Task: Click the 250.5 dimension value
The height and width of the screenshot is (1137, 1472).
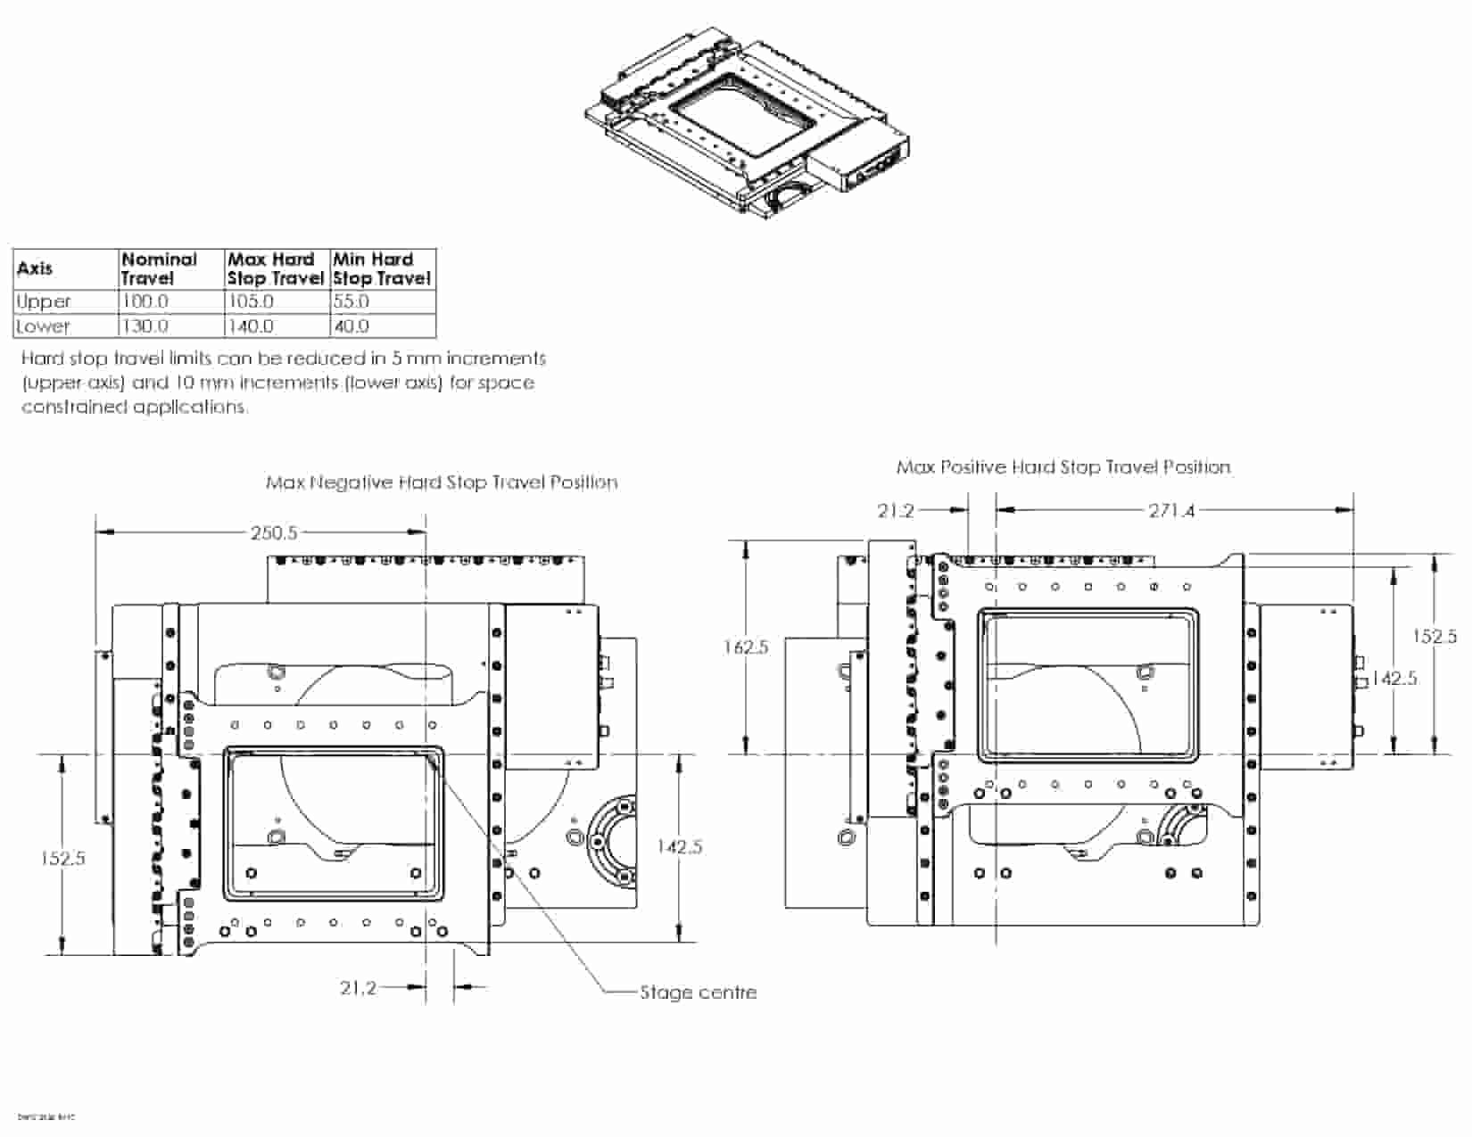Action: (273, 532)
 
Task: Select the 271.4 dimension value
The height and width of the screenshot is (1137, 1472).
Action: (1171, 511)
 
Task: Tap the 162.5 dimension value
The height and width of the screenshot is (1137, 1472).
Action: (746, 647)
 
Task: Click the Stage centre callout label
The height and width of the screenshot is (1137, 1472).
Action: (698, 992)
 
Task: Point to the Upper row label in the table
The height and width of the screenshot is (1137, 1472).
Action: (44, 301)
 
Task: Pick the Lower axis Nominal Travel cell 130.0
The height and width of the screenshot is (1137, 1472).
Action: (145, 325)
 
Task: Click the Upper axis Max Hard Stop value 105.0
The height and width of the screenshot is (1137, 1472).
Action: (251, 301)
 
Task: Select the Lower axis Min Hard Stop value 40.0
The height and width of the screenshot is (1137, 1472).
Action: (351, 325)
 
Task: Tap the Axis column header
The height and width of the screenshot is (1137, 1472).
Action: (35, 268)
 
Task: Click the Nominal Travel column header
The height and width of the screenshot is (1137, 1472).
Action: (159, 268)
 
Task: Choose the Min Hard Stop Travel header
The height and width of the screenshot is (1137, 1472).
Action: (382, 268)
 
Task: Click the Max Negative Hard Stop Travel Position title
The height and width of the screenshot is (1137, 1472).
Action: (442, 482)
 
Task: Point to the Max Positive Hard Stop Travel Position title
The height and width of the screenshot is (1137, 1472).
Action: (1063, 467)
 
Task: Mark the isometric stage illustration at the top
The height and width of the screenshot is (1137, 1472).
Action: (747, 120)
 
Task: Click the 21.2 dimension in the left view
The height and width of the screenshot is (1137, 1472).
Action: (358, 987)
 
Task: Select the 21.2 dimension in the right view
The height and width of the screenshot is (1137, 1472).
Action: (896, 511)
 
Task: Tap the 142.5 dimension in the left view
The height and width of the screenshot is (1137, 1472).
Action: (679, 846)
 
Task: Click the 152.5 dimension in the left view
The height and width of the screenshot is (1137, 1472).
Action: (63, 858)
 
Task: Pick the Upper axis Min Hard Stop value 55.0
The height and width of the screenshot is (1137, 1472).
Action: (351, 301)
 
